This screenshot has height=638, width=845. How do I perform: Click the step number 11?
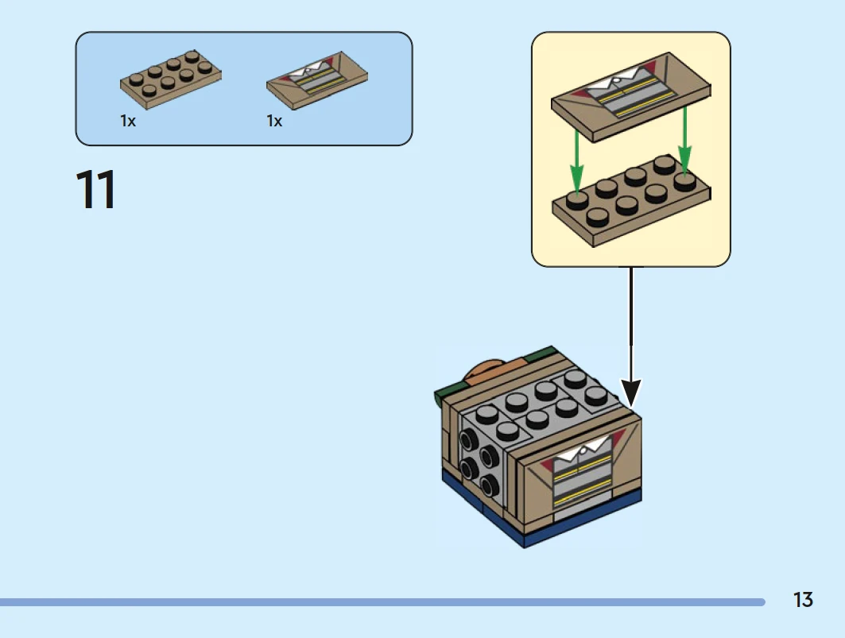(95, 190)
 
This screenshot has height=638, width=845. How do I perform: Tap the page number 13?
(803, 600)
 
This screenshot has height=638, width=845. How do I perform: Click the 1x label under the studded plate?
(128, 122)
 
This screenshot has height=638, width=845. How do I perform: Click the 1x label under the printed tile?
(274, 122)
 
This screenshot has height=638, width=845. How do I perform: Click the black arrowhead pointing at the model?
(631, 392)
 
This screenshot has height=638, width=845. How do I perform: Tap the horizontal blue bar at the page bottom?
(382, 602)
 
